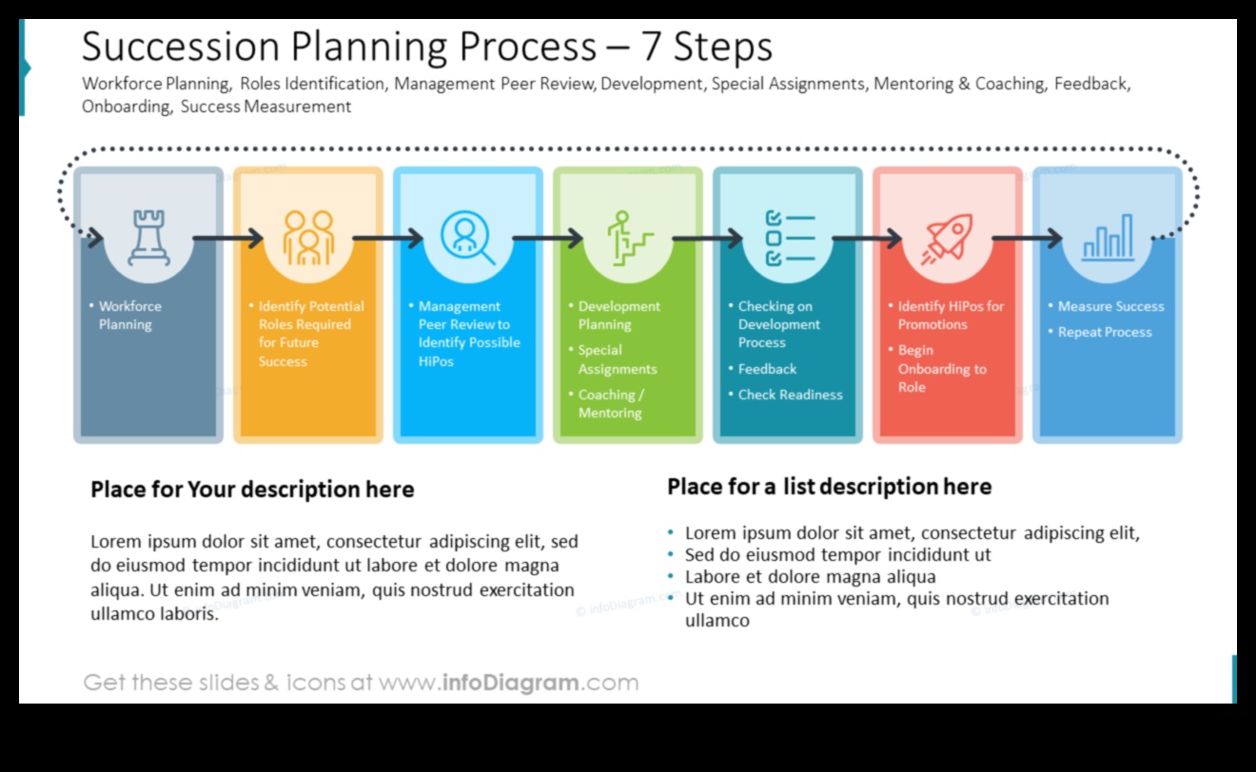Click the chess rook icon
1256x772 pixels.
tap(148, 238)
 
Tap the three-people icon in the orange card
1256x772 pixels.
tap(308, 238)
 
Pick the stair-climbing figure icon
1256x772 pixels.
tap(629, 238)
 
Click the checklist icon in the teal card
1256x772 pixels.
tap(789, 238)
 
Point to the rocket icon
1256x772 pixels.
tap(947, 238)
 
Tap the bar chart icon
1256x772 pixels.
tap(1108, 238)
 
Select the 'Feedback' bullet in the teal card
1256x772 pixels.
tap(767, 369)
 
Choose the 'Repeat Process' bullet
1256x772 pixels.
tap(1105, 332)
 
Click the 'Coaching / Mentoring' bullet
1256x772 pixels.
tap(611, 404)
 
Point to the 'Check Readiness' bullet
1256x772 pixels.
tap(790, 395)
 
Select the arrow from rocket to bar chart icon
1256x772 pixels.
tap(1027, 238)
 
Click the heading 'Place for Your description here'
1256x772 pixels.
tap(252, 490)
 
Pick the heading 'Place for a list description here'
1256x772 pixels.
tap(829, 487)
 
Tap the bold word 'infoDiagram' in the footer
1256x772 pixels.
tap(510, 683)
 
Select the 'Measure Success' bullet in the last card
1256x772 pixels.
tap(1110, 306)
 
